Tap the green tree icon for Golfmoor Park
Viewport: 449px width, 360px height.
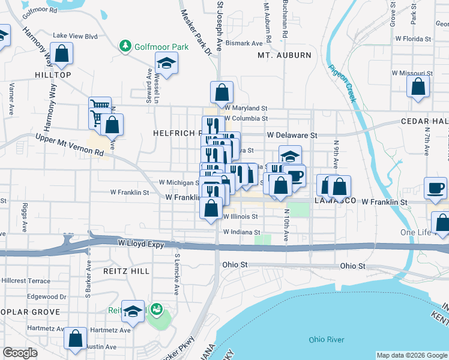[125, 46]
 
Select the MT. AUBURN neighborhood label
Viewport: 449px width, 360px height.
[285, 55]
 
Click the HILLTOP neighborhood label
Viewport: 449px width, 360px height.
[53, 75]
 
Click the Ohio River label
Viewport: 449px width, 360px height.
[327, 340]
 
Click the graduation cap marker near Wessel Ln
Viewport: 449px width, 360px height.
[166, 62]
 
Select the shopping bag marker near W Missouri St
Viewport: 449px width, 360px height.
[418, 86]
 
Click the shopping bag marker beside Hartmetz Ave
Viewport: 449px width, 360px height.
[76, 338]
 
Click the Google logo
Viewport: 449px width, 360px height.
[20, 353]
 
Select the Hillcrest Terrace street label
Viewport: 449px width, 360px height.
[26, 281]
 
